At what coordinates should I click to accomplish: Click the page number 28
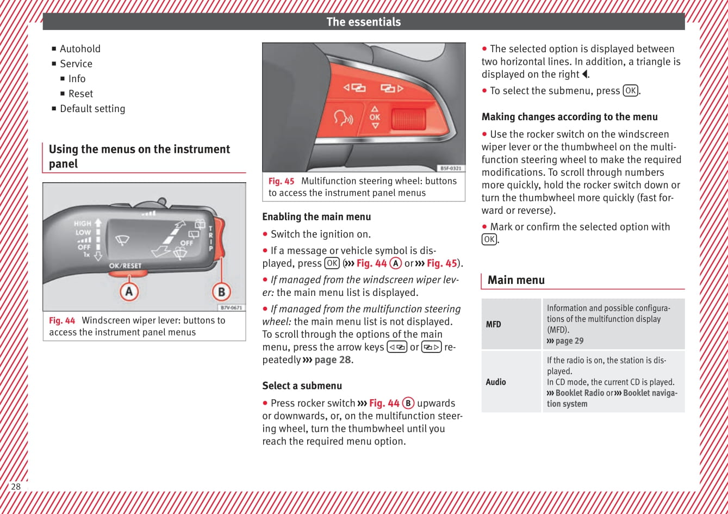(16, 486)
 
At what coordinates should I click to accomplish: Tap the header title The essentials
(363, 22)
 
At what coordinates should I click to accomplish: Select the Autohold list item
(80, 48)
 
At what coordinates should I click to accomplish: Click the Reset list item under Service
(80, 94)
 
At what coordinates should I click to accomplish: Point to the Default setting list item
(92, 109)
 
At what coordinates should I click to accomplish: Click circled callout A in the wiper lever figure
(129, 292)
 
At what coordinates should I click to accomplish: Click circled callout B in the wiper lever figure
(221, 292)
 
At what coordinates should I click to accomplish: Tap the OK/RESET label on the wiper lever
(125, 266)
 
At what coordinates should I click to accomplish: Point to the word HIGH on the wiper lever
(83, 223)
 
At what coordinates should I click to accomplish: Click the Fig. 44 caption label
(62, 320)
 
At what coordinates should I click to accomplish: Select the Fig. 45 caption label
(281, 181)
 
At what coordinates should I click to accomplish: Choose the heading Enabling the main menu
(316, 216)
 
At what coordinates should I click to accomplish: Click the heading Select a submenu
(302, 386)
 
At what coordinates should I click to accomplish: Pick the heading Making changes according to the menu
(569, 117)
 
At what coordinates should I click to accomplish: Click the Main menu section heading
(516, 280)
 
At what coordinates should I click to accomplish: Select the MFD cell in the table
(494, 324)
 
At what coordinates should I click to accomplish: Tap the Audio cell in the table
(496, 382)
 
